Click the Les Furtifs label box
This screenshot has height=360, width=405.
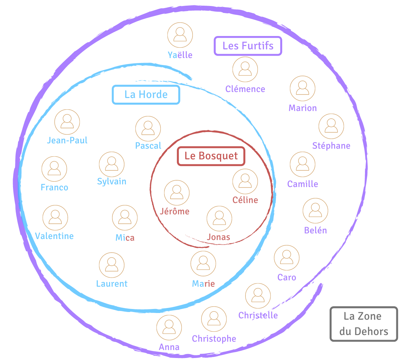(248, 46)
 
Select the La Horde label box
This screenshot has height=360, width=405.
(146, 94)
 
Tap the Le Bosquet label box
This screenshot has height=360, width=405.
(211, 156)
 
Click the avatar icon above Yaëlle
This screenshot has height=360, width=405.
(180, 35)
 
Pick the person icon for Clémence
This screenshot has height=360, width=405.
(245, 69)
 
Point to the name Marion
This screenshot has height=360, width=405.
(303, 108)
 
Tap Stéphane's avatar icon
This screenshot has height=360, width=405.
(331, 126)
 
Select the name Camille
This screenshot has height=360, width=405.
(303, 184)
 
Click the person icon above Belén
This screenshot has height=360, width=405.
(315, 211)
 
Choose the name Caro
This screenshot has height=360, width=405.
(287, 277)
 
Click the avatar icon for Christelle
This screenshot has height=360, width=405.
(258, 296)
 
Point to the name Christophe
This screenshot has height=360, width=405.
(214, 339)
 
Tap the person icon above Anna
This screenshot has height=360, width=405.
(169, 328)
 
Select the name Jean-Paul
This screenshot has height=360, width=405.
(67, 140)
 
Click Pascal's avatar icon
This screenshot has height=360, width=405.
(148, 129)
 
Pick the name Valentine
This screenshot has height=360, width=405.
(54, 236)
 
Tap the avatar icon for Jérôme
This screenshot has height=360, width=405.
(176, 193)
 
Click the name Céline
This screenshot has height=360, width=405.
(245, 200)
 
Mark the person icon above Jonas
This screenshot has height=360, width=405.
(219, 218)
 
